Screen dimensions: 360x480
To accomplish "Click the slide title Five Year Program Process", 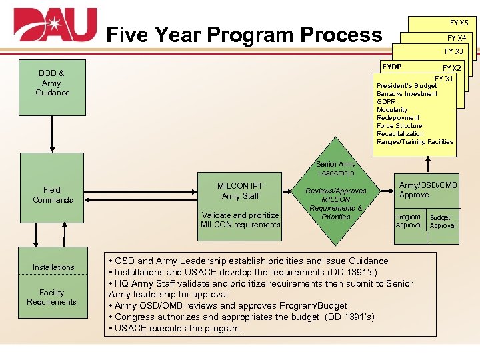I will [244, 34].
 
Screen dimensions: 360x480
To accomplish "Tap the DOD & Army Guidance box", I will [52, 83].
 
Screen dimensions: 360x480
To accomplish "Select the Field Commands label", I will [52, 195].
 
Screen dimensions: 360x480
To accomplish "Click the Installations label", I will [53, 267].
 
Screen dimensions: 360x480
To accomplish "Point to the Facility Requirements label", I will [52, 297].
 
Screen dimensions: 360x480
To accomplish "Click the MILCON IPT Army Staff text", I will [240, 191].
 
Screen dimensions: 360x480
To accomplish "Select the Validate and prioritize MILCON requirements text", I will [240, 220].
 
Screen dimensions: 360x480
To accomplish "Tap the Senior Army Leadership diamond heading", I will [335, 168].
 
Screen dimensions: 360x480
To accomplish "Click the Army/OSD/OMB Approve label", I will [427, 190].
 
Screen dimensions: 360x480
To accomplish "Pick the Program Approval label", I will [408, 221].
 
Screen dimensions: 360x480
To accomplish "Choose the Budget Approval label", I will [442, 221].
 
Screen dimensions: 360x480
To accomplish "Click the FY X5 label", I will [458, 23].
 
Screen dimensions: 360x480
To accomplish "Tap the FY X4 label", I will [456, 38].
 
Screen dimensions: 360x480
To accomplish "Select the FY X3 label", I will [453, 51].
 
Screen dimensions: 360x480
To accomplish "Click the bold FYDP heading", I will [392, 67].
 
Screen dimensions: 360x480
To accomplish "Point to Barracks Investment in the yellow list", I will [407, 94].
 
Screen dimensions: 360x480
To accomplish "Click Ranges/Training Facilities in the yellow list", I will [415, 142].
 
